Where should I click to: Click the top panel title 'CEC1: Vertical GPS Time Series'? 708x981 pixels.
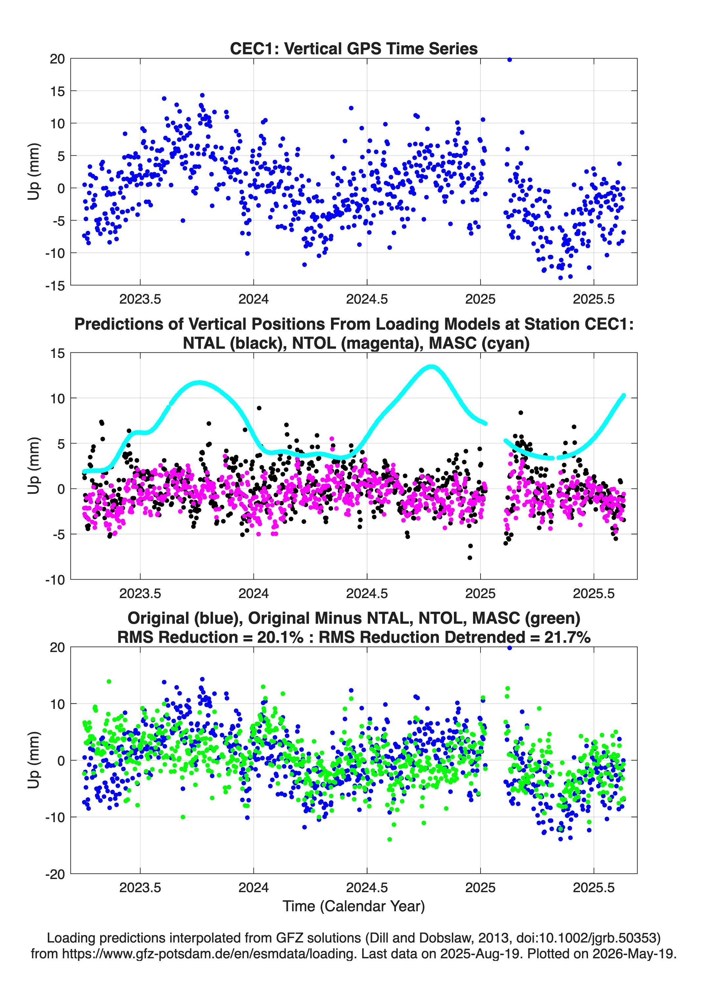(x=354, y=48)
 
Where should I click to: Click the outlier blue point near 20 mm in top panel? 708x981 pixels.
(x=509, y=60)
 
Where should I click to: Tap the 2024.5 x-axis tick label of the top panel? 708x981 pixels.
(x=367, y=299)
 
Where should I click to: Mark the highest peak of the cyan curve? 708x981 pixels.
(x=431, y=367)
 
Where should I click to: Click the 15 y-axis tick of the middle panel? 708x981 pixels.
(x=58, y=353)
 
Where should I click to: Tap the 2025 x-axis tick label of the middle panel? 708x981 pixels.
(x=480, y=593)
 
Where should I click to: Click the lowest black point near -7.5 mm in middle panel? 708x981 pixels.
(x=470, y=558)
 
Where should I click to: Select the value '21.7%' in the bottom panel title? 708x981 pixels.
(x=568, y=637)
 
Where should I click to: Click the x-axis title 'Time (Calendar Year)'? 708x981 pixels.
(x=354, y=906)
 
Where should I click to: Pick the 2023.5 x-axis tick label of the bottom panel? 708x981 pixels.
(x=140, y=888)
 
